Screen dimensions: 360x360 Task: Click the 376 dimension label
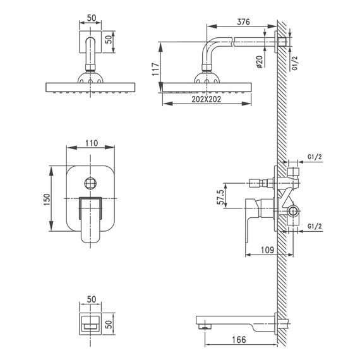point(243,22)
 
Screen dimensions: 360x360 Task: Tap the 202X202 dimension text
point(206,99)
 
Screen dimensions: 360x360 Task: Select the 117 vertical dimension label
point(156,69)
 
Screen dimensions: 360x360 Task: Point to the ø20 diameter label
point(259,62)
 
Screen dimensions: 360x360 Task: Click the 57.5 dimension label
point(220,197)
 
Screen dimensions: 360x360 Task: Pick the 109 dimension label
point(268,250)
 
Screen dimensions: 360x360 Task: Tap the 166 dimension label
point(239,340)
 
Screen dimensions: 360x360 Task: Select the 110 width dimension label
point(92,143)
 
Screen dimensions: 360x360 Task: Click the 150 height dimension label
point(47,200)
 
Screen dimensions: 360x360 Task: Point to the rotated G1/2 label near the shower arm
point(295,63)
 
